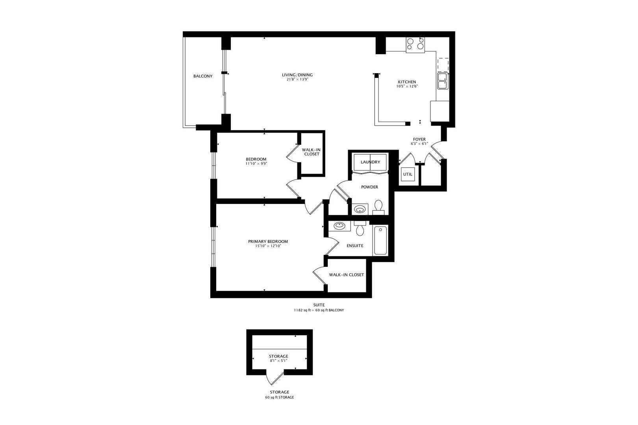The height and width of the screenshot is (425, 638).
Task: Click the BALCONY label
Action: point(203,76)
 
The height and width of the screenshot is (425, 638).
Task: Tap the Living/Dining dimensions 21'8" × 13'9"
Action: point(297,79)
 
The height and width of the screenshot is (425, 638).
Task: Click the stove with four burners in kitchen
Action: point(415,44)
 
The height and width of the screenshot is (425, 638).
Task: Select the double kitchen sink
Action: point(442,81)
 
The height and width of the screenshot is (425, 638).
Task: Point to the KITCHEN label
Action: point(406,82)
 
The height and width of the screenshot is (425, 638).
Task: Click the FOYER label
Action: point(419,139)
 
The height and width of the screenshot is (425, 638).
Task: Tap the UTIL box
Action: point(408,174)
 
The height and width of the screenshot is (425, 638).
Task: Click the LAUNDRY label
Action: point(370,162)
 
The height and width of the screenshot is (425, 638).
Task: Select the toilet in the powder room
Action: point(378,206)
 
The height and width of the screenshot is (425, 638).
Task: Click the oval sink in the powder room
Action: point(359,209)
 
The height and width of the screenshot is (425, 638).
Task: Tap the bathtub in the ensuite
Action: point(380,240)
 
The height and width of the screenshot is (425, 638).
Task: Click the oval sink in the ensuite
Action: point(339,226)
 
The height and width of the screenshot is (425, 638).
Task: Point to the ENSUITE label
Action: point(355,246)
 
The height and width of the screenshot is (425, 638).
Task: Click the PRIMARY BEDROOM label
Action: point(268,242)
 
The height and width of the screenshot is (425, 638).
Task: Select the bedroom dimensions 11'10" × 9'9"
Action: point(256,163)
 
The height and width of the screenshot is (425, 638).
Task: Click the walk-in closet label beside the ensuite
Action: point(347,275)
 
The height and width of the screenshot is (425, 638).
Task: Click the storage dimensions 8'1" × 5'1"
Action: point(279,360)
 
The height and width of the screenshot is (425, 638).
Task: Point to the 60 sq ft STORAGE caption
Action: point(279,397)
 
